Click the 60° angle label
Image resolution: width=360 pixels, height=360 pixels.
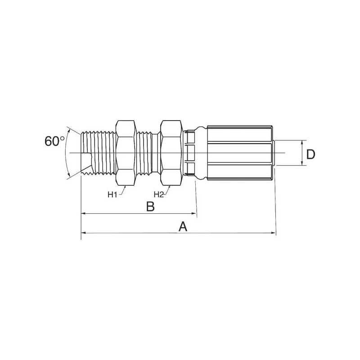coord(54,141)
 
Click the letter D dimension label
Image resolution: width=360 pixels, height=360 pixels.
coord(311,154)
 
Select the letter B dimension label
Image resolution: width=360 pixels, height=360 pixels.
coord(151,206)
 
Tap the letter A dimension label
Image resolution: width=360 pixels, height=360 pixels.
coord(183,227)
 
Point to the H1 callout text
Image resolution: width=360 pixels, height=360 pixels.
coord(112,195)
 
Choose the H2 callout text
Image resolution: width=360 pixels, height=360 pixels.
coord(159,195)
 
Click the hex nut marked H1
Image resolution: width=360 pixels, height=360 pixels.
coord(126,153)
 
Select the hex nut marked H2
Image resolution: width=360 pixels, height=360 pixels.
coord(171,153)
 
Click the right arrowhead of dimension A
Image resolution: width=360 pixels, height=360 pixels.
coord(274,233)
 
